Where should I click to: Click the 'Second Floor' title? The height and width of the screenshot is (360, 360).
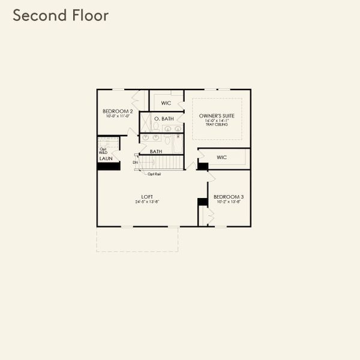tap(61, 16)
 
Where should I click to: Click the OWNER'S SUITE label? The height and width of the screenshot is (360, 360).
tap(217, 118)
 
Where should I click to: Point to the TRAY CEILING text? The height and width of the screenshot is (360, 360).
tap(217, 125)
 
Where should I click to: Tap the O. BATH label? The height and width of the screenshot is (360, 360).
tap(164, 119)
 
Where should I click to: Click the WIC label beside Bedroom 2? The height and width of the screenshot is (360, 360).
tap(166, 103)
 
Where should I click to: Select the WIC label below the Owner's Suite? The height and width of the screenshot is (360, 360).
tap(221, 157)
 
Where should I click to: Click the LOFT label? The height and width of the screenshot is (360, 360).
tap(147, 196)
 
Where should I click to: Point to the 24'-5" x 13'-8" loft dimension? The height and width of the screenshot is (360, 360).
tap(147, 202)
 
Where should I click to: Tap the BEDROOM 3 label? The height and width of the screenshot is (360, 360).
tap(228, 197)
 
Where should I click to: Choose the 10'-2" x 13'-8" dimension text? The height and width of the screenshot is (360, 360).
tap(228, 202)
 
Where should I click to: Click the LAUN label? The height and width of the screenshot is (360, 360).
tap(106, 158)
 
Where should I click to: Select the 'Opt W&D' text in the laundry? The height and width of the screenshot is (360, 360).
tap(103, 151)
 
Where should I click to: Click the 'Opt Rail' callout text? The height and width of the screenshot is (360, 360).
tap(154, 174)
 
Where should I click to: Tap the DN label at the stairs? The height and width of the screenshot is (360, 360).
tap(135, 162)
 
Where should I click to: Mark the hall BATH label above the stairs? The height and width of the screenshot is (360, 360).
tap(156, 152)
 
